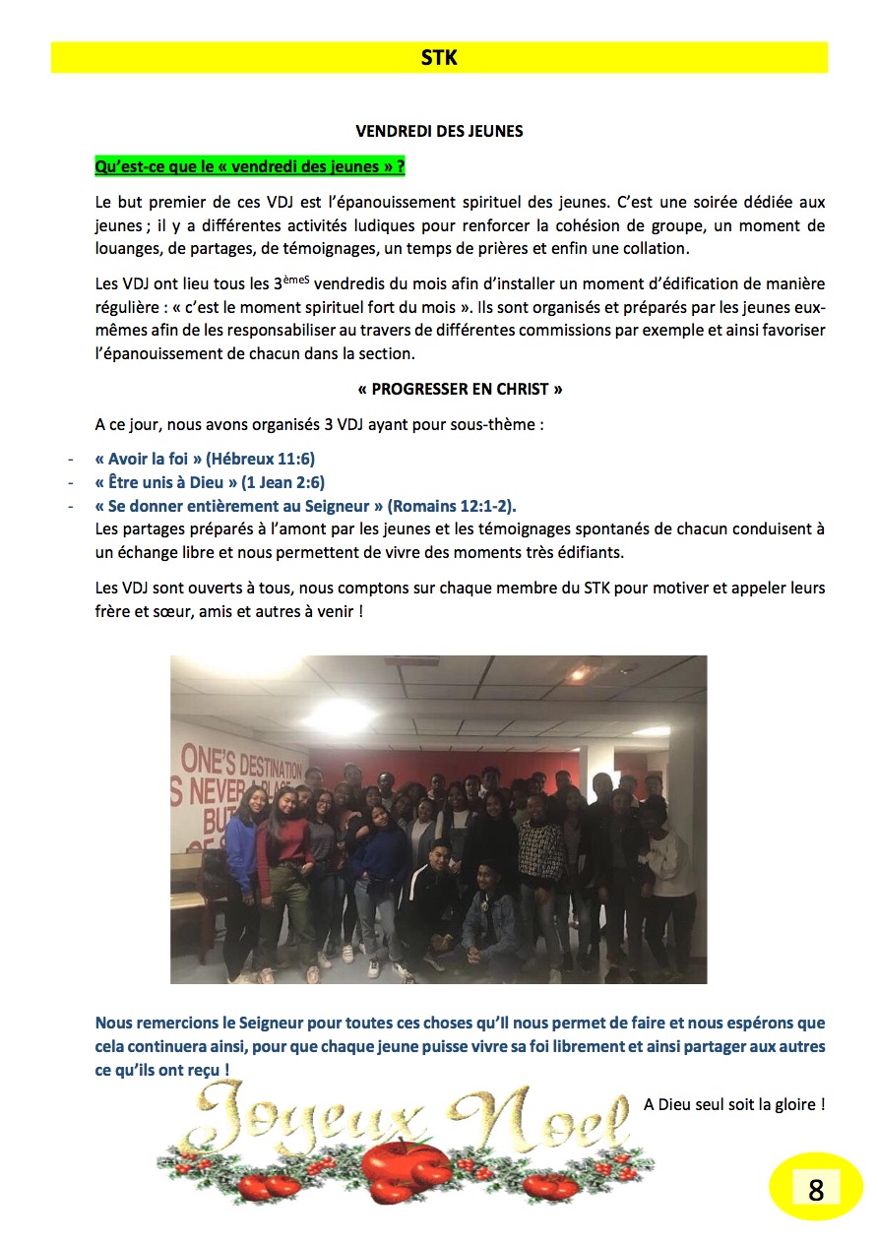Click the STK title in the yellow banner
(438, 58)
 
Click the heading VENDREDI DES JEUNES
(439, 131)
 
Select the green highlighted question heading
(250, 166)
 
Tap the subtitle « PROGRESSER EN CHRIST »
(460, 389)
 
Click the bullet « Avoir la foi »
(149, 460)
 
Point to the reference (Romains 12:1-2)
(452, 506)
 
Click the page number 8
(815, 1190)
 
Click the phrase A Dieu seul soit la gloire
(733, 1104)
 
